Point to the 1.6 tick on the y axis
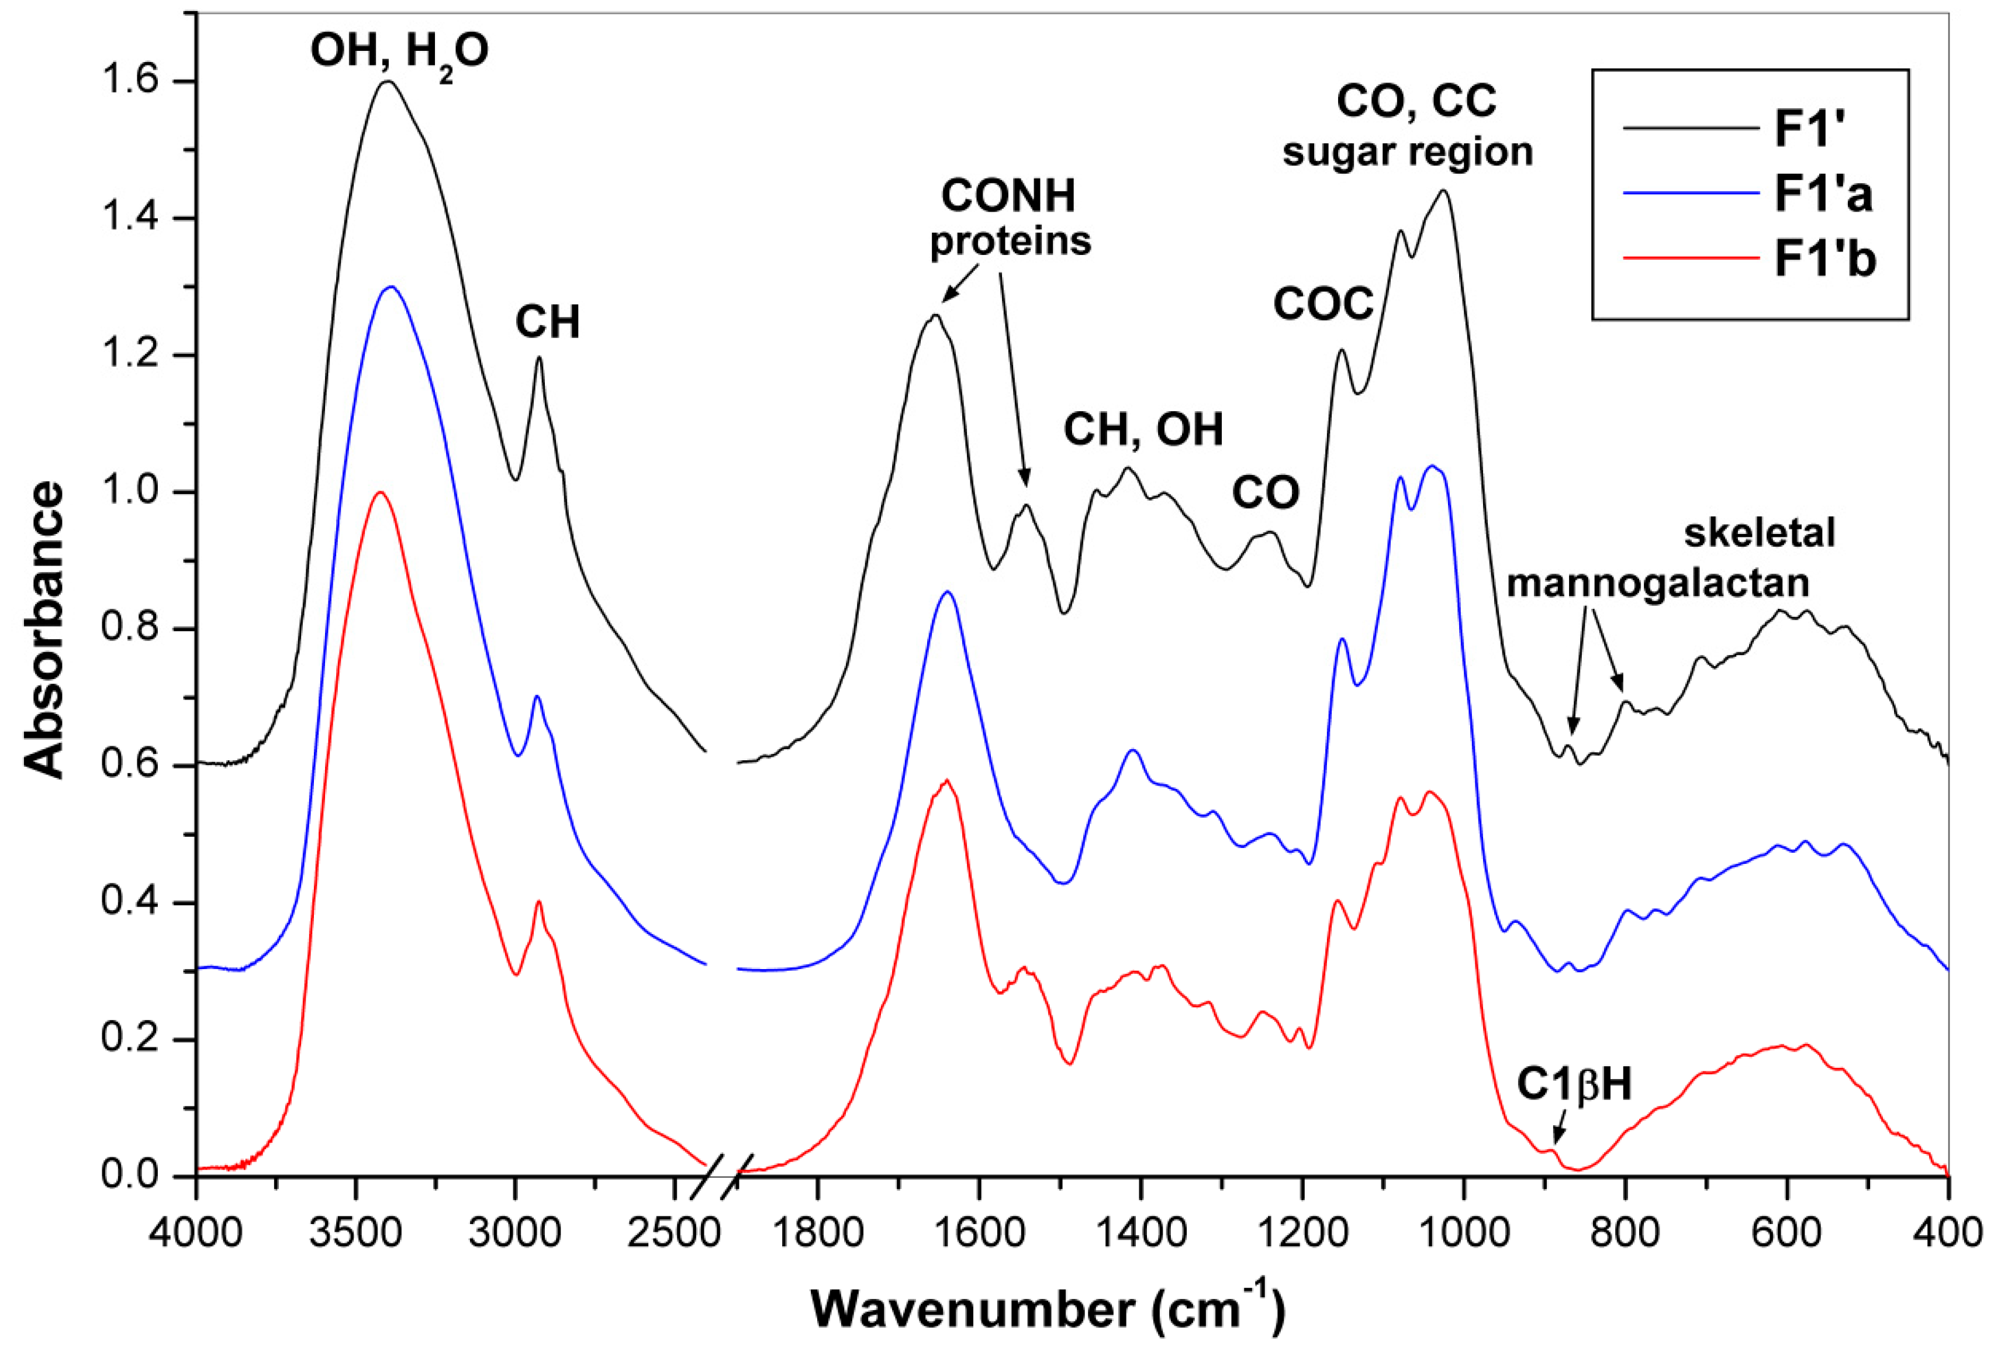click(129, 81)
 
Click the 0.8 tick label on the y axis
click(129, 628)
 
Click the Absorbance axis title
click(44, 629)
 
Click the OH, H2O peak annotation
click(399, 51)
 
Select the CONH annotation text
click(1008, 196)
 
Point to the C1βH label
click(1574, 1085)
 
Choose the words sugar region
click(1407, 152)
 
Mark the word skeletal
click(1759, 533)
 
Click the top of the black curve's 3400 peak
click(388, 81)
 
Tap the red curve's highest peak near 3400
click(379, 492)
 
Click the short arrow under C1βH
click(1559, 1128)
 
